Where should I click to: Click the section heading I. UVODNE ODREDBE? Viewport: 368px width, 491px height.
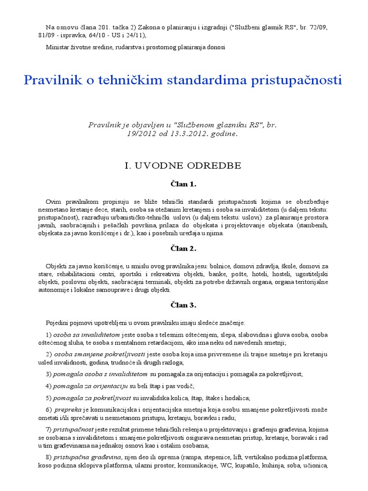pos(183,166)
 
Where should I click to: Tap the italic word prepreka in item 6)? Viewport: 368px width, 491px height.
pos(68,410)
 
